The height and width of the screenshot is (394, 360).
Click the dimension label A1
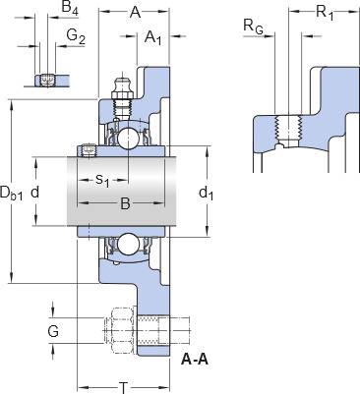[x=153, y=37]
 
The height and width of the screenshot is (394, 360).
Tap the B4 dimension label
[x=70, y=8]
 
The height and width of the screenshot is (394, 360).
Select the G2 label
[x=76, y=36]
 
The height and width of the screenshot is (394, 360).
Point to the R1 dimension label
[x=325, y=13]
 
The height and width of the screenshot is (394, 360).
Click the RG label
[x=253, y=27]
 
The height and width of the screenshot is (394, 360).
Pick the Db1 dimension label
[x=12, y=193]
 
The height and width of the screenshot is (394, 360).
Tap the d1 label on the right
[x=207, y=194]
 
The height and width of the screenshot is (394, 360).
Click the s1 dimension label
[x=102, y=181]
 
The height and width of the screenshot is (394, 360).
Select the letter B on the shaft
[x=125, y=203]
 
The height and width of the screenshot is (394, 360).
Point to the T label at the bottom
[x=123, y=388]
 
